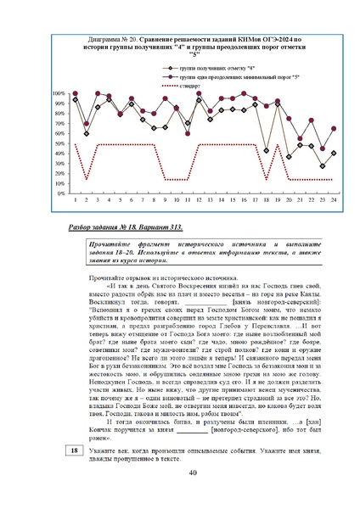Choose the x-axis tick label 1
pyautogui.click(x=76, y=200)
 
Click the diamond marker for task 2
pyautogui.click(x=87, y=133)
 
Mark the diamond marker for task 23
pyautogui.click(x=323, y=166)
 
